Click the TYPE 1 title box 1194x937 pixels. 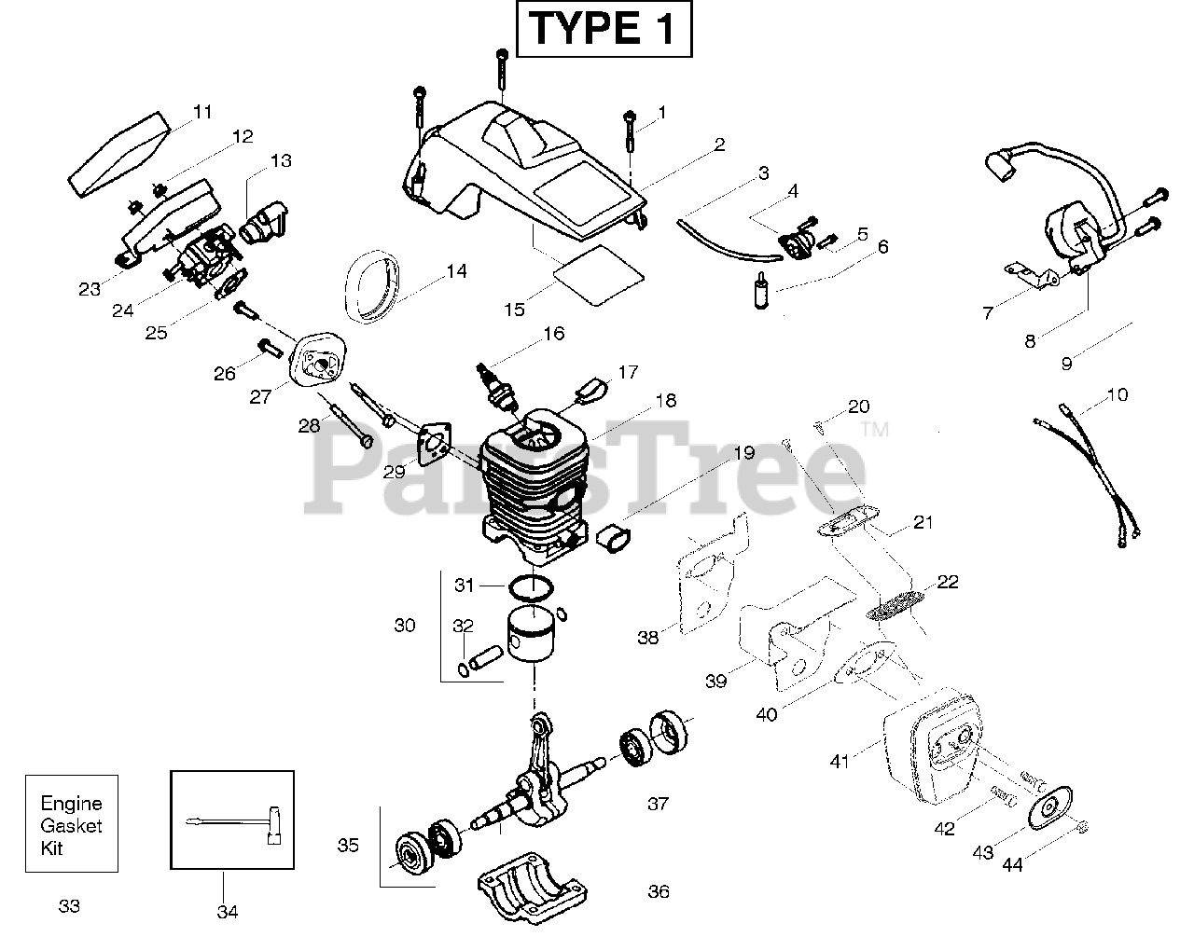click(x=604, y=29)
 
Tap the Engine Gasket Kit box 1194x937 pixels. click(x=71, y=823)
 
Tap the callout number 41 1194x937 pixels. click(x=840, y=762)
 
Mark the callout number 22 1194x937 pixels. click(x=948, y=582)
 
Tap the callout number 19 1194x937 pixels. click(x=743, y=453)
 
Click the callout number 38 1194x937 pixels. click(x=647, y=638)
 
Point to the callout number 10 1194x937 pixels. click(x=1117, y=394)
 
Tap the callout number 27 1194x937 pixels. click(x=260, y=397)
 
